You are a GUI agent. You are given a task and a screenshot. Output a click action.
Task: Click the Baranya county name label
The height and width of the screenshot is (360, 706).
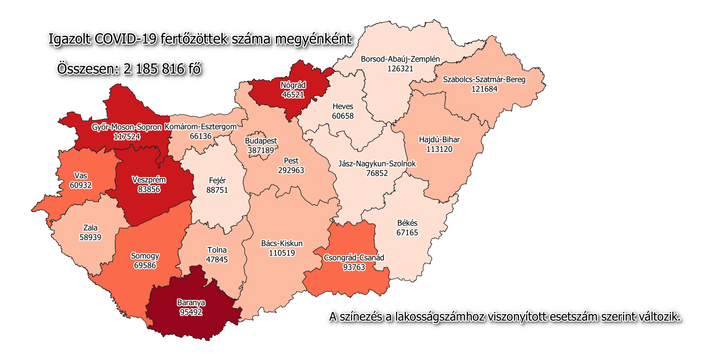pos(191,302)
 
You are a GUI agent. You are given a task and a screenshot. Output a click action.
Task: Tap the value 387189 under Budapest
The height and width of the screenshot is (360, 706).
pos(261,151)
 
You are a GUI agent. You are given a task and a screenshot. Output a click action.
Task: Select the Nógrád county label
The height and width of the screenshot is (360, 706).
pos(293,85)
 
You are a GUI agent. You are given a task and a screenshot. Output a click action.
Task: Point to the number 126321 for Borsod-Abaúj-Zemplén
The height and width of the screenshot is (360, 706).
pos(400,69)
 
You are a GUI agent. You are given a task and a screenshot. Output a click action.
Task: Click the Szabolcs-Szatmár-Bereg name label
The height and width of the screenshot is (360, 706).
pos(484,79)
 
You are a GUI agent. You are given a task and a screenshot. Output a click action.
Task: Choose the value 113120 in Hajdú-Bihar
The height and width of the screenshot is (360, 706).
pos(439,149)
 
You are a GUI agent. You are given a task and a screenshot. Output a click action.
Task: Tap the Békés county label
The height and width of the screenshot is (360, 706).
pos(407,223)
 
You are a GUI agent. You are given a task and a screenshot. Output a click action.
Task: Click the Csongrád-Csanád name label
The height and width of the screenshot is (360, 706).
pos(354,257)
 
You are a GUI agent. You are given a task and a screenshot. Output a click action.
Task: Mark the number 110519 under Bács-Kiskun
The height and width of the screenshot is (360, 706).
pos(282,253)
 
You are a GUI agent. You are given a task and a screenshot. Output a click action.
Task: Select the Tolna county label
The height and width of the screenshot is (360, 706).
pos(217,250)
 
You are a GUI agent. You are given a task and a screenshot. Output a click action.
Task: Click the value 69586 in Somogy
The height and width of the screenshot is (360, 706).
pos(145,266)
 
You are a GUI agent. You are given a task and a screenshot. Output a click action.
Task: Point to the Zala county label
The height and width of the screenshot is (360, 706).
pos(90,228)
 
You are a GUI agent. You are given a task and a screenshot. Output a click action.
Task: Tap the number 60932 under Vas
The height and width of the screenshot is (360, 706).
pos(81,185)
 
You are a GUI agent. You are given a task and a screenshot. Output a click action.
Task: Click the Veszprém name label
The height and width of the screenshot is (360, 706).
pos(149,180)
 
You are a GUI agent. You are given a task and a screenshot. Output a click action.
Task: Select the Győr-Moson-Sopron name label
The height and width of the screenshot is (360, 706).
pos(127,127)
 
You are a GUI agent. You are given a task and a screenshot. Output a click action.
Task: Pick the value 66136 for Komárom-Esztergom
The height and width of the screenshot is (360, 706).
pos(200,136)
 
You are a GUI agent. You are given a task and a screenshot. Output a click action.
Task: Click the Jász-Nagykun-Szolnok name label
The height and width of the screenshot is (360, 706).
pos(377,164)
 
